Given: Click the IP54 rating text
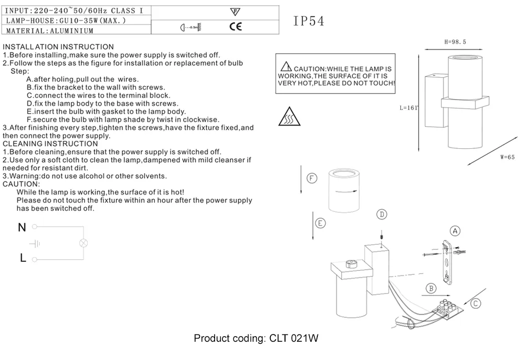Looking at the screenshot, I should [x=309, y=21].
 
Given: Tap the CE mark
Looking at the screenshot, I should [x=236, y=26].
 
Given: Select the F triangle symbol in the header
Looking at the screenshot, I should [x=235, y=11].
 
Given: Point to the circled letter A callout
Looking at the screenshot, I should [x=455, y=230].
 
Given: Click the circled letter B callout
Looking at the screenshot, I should [x=431, y=288].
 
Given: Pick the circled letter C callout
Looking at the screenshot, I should [x=476, y=303].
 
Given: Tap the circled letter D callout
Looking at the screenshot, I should [x=382, y=214].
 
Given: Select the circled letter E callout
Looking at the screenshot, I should [x=321, y=223].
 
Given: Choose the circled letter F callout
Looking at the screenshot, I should [x=312, y=179].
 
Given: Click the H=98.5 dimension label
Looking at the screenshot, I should [x=455, y=42].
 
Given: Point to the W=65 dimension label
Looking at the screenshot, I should [x=507, y=157].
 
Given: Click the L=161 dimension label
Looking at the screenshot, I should [x=409, y=108].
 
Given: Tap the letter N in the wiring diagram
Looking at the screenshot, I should [x=22, y=227].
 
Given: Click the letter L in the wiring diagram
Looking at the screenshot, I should [x=22, y=258].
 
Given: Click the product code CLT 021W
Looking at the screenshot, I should [x=294, y=339].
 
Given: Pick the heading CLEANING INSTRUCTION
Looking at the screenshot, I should [x=50, y=143].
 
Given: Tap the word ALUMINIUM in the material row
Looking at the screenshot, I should [x=72, y=31].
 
